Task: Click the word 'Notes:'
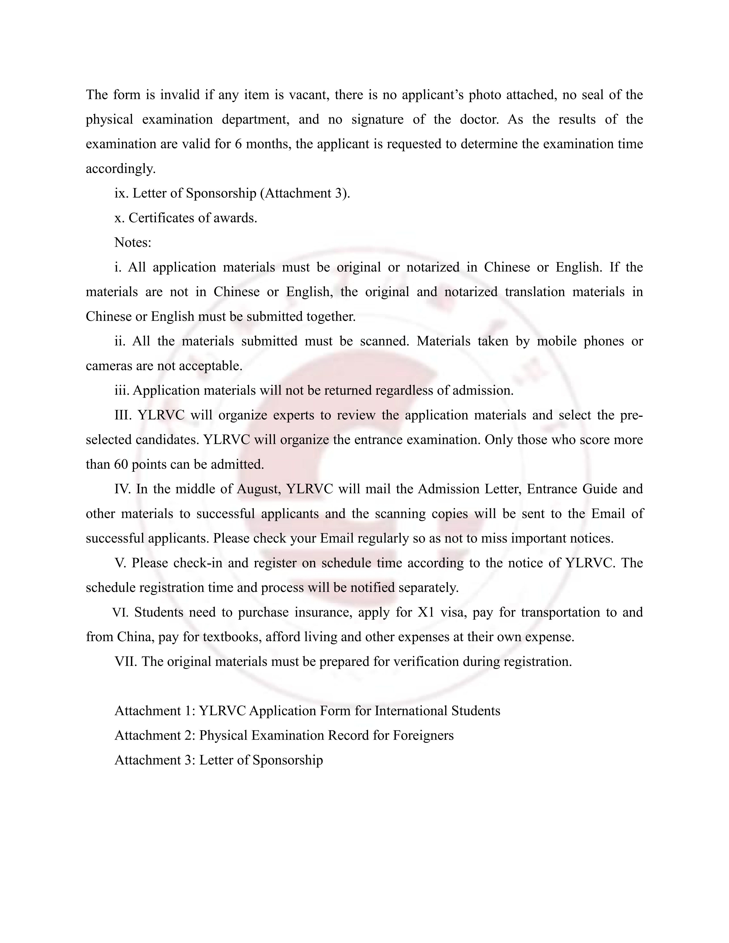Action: (133, 243)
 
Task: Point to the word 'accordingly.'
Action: (120, 169)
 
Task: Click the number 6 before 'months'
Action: (238, 144)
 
